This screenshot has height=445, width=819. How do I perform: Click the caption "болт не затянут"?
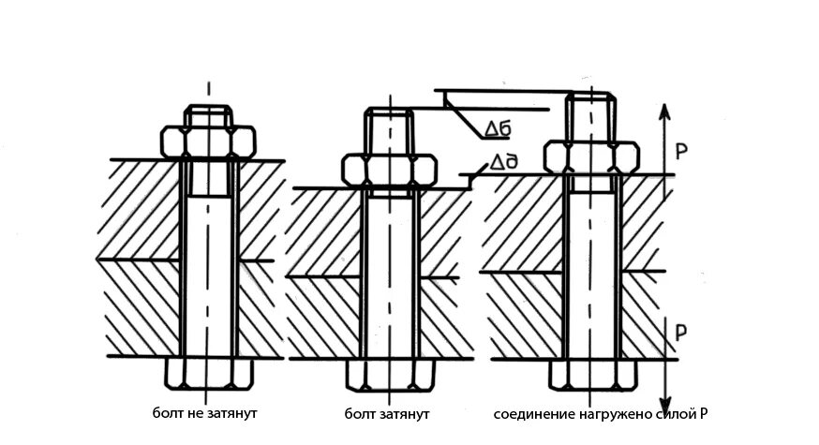click(x=205, y=412)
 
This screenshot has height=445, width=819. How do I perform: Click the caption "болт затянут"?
click(x=386, y=413)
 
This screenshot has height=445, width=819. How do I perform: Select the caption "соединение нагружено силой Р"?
click(x=609, y=413)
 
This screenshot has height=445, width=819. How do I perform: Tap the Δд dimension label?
click(x=498, y=164)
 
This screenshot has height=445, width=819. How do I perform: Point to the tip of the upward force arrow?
click(x=663, y=103)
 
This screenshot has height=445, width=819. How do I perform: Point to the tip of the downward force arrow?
click(x=663, y=401)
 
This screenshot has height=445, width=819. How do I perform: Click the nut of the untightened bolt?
click(x=208, y=141)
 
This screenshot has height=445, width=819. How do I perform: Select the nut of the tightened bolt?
click(x=387, y=170)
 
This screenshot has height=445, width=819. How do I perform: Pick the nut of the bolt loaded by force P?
click(x=590, y=156)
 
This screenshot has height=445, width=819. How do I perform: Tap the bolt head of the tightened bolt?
click(x=387, y=375)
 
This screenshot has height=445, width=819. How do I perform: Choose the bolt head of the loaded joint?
click(x=590, y=374)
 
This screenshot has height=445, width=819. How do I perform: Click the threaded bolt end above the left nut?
click(x=208, y=116)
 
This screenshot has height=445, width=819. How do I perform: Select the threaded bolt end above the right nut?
click(x=590, y=116)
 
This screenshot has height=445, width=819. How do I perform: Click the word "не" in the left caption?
click(x=191, y=412)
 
